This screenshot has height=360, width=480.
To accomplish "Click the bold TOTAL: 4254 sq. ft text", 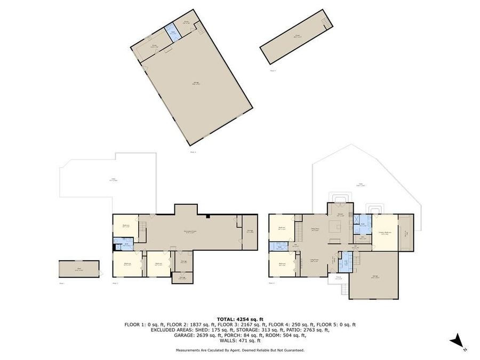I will (239, 318).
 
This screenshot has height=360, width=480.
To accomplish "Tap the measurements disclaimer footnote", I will (239, 350).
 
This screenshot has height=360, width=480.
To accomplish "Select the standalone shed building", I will (79, 269).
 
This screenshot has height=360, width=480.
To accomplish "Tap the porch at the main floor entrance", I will (338, 278).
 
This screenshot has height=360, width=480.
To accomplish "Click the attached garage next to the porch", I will (375, 276).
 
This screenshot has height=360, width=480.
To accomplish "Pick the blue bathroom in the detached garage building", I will (173, 32).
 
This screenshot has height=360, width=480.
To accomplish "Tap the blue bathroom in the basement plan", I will (125, 246).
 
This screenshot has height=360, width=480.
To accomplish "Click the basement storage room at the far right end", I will (249, 231).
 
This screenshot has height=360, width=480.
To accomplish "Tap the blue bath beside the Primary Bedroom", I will (363, 223).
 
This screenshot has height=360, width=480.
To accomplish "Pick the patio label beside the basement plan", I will (114, 180).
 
